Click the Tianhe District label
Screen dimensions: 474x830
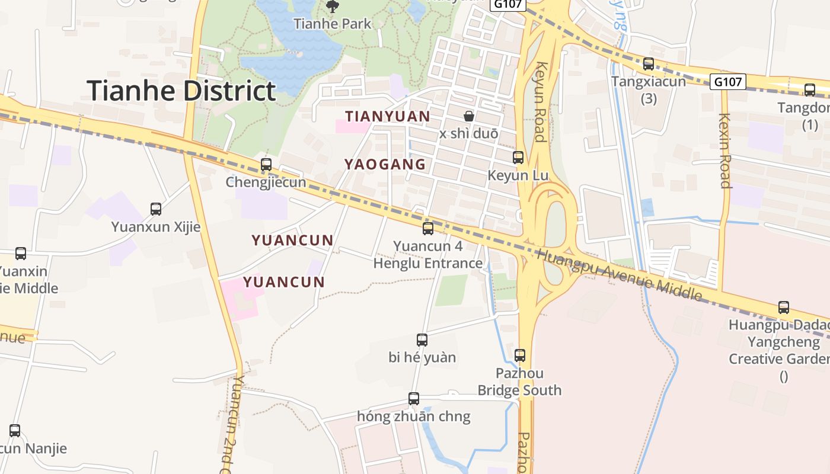pyautogui.click(x=181, y=91)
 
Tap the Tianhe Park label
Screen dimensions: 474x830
pyautogui.click(x=333, y=24)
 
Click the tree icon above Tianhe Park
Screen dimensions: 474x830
pyautogui.click(x=333, y=7)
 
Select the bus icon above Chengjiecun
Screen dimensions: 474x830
pyautogui.click(x=266, y=164)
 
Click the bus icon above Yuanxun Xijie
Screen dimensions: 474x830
pyautogui.click(x=156, y=209)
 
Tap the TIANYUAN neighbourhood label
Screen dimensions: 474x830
pyautogui.click(x=388, y=116)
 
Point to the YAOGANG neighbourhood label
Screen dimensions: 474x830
pyautogui.click(x=385, y=164)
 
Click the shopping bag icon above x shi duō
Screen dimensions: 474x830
pyautogui.click(x=469, y=116)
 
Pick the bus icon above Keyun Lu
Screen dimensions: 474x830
pyautogui.click(x=518, y=157)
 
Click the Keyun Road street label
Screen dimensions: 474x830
pyautogui.click(x=540, y=101)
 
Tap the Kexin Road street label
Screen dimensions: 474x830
pyautogui.click(x=724, y=150)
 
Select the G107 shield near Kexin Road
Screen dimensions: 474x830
pyautogui.click(x=727, y=82)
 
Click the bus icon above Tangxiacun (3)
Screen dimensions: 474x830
pyautogui.click(x=649, y=63)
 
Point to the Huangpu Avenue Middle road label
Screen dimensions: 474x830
pyautogui.click(x=619, y=275)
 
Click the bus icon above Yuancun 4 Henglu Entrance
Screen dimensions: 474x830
pyautogui.click(x=428, y=228)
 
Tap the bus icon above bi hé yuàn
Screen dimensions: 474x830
pyautogui.click(x=422, y=340)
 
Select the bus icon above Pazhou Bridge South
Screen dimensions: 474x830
pyautogui.click(x=520, y=355)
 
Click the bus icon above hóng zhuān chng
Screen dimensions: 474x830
pyautogui.click(x=414, y=398)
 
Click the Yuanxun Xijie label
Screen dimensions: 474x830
pyautogui.click(x=156, y=227)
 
